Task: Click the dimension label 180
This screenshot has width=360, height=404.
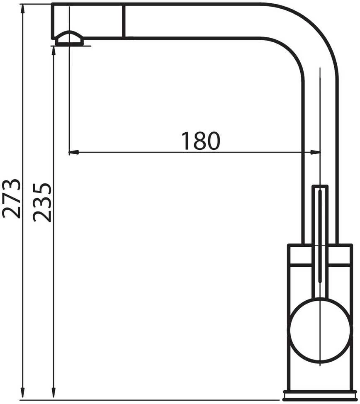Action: coord(201,141)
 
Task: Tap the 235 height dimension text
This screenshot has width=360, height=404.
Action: coord(42,202)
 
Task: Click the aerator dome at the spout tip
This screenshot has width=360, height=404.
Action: coord(70,39)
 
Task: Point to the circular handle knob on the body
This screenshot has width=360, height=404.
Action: coord(320,331)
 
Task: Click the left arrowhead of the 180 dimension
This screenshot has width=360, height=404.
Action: coord(73,152)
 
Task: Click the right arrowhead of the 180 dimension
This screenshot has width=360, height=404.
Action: coord(316,152)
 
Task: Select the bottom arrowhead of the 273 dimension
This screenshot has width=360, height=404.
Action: coord(23,394)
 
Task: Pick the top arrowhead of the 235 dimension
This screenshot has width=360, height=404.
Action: coord(54,51)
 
